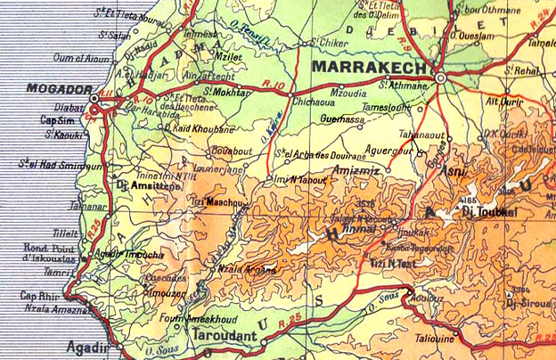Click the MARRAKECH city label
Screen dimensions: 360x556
coord(369,68)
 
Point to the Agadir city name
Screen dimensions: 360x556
coord(86,347)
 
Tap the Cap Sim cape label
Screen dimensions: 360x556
coord(56,119)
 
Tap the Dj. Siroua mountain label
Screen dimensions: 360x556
coord(524,304)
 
